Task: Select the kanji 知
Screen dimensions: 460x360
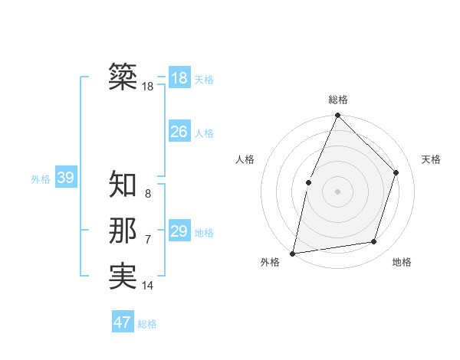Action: pos(123,184)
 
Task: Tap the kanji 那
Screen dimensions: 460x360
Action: pos(123,231)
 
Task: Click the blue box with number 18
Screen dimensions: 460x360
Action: pos(179,78)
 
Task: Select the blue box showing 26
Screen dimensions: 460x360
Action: pos(179,132)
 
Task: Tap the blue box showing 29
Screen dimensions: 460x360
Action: pos(179,231)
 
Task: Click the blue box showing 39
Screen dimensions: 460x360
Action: pos(65,178)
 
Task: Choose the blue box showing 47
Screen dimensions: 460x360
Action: pos(123,322)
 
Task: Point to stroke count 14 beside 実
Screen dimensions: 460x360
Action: pos(148,286)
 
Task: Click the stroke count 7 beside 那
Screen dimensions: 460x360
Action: pos(148,240)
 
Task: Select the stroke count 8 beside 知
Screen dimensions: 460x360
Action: pos(148,194)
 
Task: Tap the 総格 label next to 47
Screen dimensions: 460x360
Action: pos(147,324)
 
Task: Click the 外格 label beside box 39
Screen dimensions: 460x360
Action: pos(41,179)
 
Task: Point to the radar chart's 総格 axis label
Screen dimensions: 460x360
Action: pos(337,100)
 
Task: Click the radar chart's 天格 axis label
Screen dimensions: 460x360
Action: pos(431,159)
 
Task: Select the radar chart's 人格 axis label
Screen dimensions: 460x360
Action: pos(245,159)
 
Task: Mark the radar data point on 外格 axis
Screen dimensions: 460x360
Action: pos(292,253)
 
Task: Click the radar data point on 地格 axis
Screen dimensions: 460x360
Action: pos(374,242)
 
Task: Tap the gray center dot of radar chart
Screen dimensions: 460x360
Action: pos(337,191)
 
